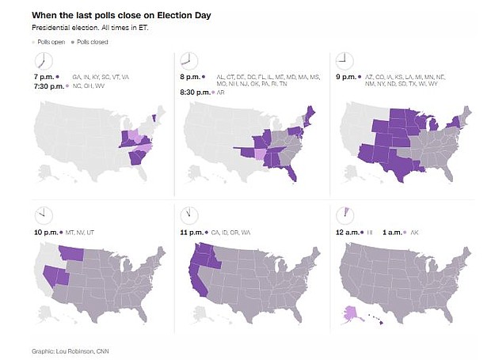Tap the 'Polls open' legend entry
49,41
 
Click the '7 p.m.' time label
44,77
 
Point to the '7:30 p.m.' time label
48,85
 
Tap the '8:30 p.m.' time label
197,92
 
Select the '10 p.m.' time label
48,233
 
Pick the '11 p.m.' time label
195,233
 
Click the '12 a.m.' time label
349,233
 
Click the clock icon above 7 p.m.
43,62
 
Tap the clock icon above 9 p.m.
344,60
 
